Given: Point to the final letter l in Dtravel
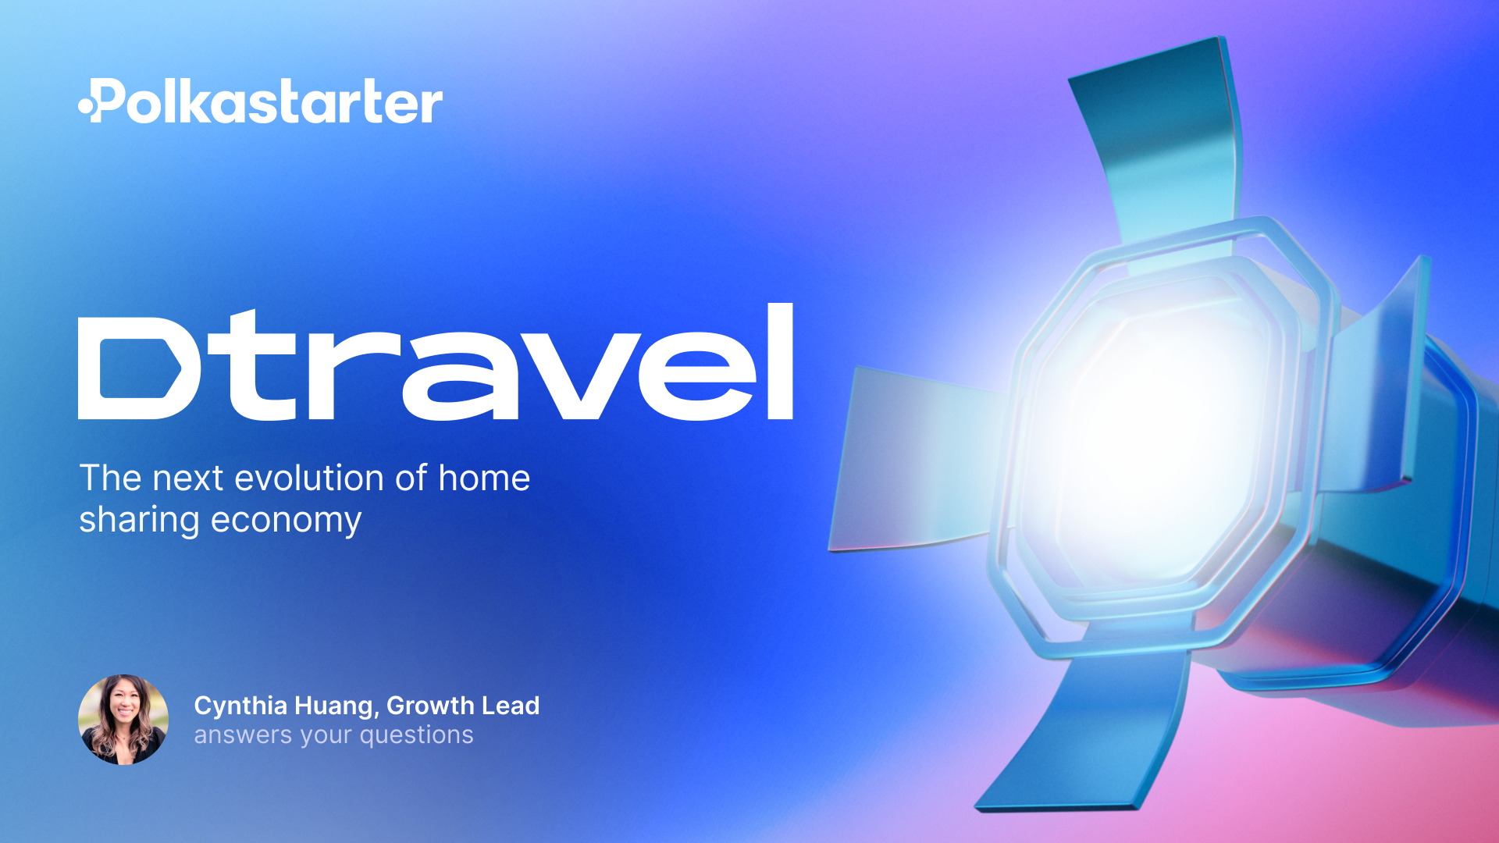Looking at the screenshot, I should tap(780, 361).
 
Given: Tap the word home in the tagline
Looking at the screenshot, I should tap(484, 478).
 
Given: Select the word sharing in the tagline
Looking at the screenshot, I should tap(139, 521).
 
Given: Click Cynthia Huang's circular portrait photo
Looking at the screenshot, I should tap(123, 720).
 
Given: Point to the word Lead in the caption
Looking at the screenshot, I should tap(511, 706).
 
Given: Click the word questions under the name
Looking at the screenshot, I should tap(416, 735).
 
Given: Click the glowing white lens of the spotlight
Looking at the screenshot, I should tap(1148, 437).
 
